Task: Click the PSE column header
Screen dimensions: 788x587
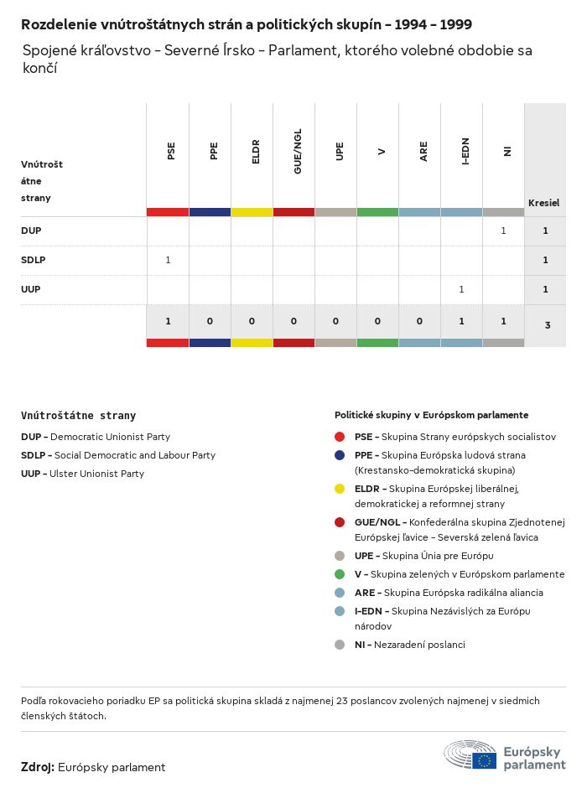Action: [171, 152]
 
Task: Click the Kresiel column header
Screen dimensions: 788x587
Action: [543, 203]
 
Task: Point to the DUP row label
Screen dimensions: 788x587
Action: [31, 231]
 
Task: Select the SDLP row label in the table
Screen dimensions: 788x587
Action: [34, 260]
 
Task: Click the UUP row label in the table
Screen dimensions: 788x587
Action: [31, 289]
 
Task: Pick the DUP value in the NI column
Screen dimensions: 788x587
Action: [503, 231]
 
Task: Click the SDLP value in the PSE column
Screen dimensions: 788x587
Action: [168, 260]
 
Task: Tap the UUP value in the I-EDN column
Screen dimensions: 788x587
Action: [461, 289]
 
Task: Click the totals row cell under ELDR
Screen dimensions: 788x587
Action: [252, 321]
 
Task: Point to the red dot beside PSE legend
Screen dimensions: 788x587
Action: [340, 437]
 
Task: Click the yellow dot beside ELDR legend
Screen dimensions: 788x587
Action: [340, 489]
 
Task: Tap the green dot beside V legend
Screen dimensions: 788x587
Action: [340, 574]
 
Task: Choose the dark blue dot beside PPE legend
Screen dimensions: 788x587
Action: [340, 455]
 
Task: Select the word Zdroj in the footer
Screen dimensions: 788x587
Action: [38, 767]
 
